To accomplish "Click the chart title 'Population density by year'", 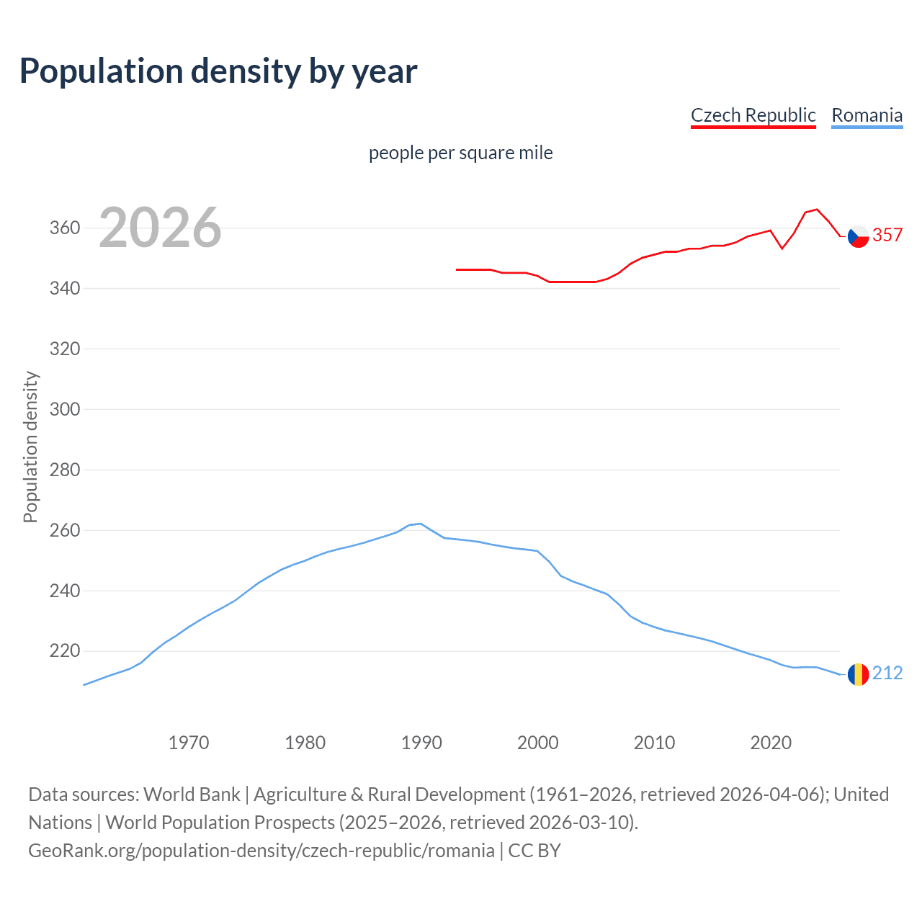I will click(x=218, y=71).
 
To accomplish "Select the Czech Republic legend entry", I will click(x=753, y=115).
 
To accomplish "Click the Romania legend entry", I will click(x=867, y=115).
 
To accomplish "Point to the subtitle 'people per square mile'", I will click(x=460, y=153).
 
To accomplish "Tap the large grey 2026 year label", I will click(x=160, y=228).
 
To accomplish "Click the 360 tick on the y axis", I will click(x=64, y=228).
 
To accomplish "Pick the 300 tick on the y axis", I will click(x=64, y=409).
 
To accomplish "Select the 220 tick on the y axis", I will click(x=64, y=651).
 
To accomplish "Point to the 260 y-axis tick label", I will click(x=64, y=530).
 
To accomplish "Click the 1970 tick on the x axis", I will click(x=189, y=743).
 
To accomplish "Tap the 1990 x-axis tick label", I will click(x=421, y=743).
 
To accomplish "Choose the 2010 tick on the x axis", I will click(x=654, y=743).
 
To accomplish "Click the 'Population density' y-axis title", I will click(x=30, y=447).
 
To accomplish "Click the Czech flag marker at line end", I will click(x=858, y=236).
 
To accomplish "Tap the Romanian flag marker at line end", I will click(x=858, y=674).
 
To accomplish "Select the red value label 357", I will click(x=887, y=236).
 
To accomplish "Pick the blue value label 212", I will click(x=887, y=673).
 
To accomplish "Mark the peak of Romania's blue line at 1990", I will click(x=421, y=524).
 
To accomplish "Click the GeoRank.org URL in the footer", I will click(x=261, y=851).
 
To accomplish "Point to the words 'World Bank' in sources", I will click(x=192, y=795).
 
